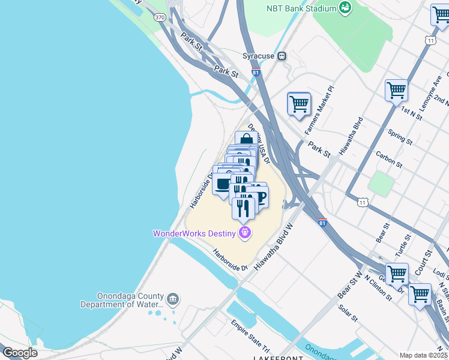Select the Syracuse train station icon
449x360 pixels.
click(x=281, y=56)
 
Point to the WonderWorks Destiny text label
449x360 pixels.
click(x=194, y=233)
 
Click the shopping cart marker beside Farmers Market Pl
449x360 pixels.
click(x=299, y=103)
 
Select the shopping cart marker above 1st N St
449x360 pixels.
click(x=396, y=91)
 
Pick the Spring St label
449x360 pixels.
click(x=400, y=137)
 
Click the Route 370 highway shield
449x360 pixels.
click(x=159, y=17)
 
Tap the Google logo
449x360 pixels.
click(x=20, y=353)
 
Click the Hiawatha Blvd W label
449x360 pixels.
click(x=274, y=246)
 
